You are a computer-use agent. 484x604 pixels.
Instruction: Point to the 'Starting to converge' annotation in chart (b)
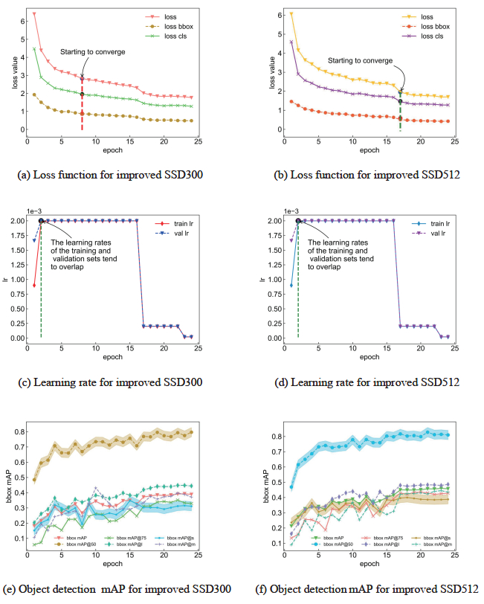pos(360,60)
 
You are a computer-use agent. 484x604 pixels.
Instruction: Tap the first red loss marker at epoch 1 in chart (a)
pos(34,14)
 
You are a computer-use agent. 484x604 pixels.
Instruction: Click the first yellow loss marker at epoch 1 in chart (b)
pos(291,13)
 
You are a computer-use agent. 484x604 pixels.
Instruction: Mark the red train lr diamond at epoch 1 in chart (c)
pos(34,285)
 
